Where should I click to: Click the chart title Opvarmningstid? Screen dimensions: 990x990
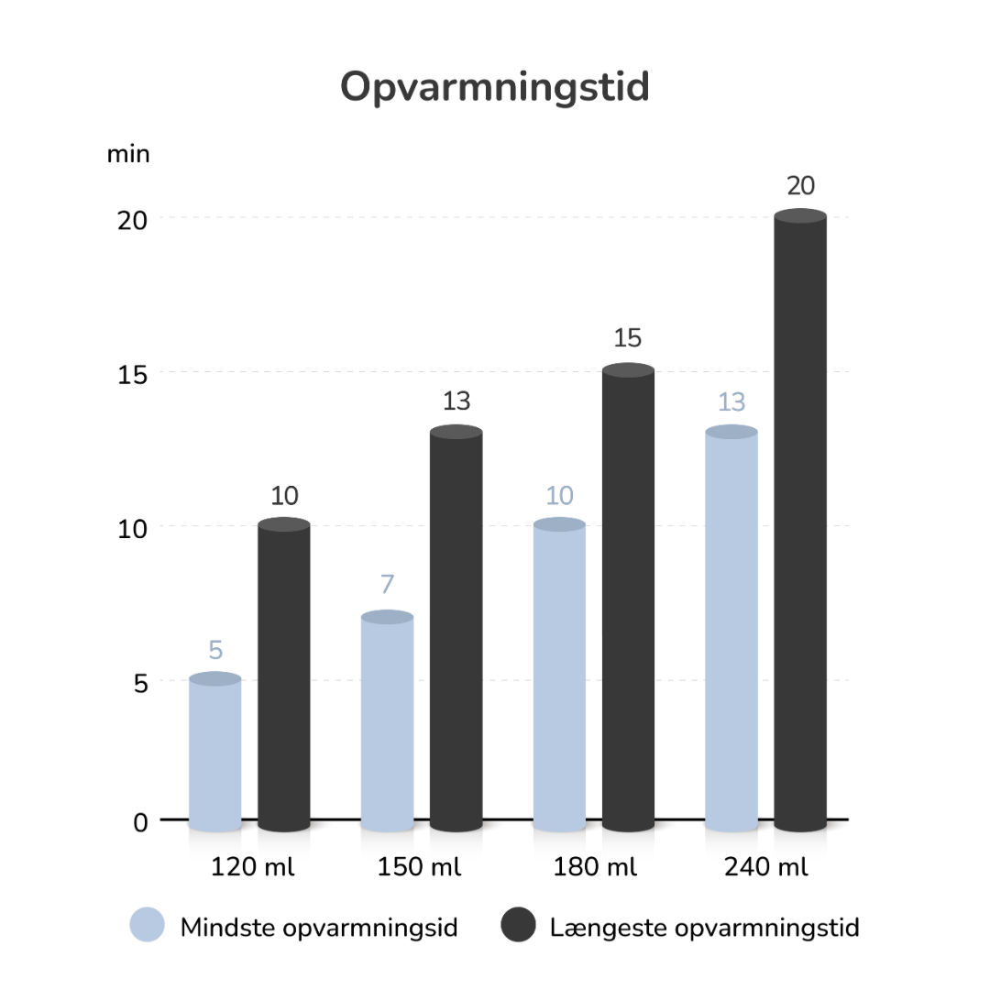click(x=494, y=88)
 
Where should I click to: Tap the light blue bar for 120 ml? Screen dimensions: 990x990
click(x=214, y=752)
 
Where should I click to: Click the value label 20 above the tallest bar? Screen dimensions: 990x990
click(x=800, y=186)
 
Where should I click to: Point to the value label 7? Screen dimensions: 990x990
click(x=387, y=585)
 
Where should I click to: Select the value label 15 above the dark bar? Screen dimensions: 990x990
click(x=628, y=339)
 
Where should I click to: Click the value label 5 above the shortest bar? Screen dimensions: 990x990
click(x=215, y=651)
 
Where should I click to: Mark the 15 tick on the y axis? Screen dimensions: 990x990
click(x=132, y=374)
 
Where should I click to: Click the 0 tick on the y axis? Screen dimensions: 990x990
click(x=140, y=822)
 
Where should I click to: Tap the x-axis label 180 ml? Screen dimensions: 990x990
click(x=595, y=867)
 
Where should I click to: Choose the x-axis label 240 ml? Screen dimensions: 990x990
click(x=766, y=867)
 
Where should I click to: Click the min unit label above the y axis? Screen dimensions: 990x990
click(x=128, y=154)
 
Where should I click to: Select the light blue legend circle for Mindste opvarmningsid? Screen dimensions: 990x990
click(x=148, y=926)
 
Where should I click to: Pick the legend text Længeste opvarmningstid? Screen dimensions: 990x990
click(x=704, y=928)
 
